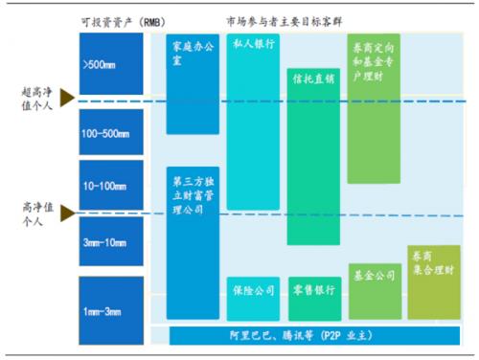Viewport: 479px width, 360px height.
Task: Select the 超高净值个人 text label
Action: coord(38,97)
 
